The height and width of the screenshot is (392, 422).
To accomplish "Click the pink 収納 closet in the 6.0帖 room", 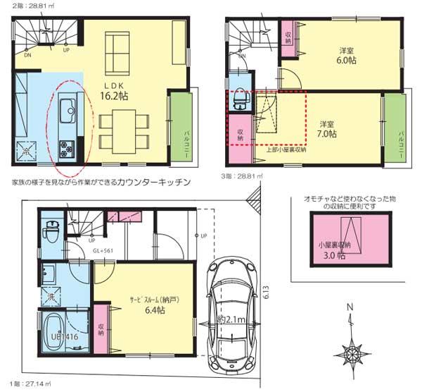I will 288,38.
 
